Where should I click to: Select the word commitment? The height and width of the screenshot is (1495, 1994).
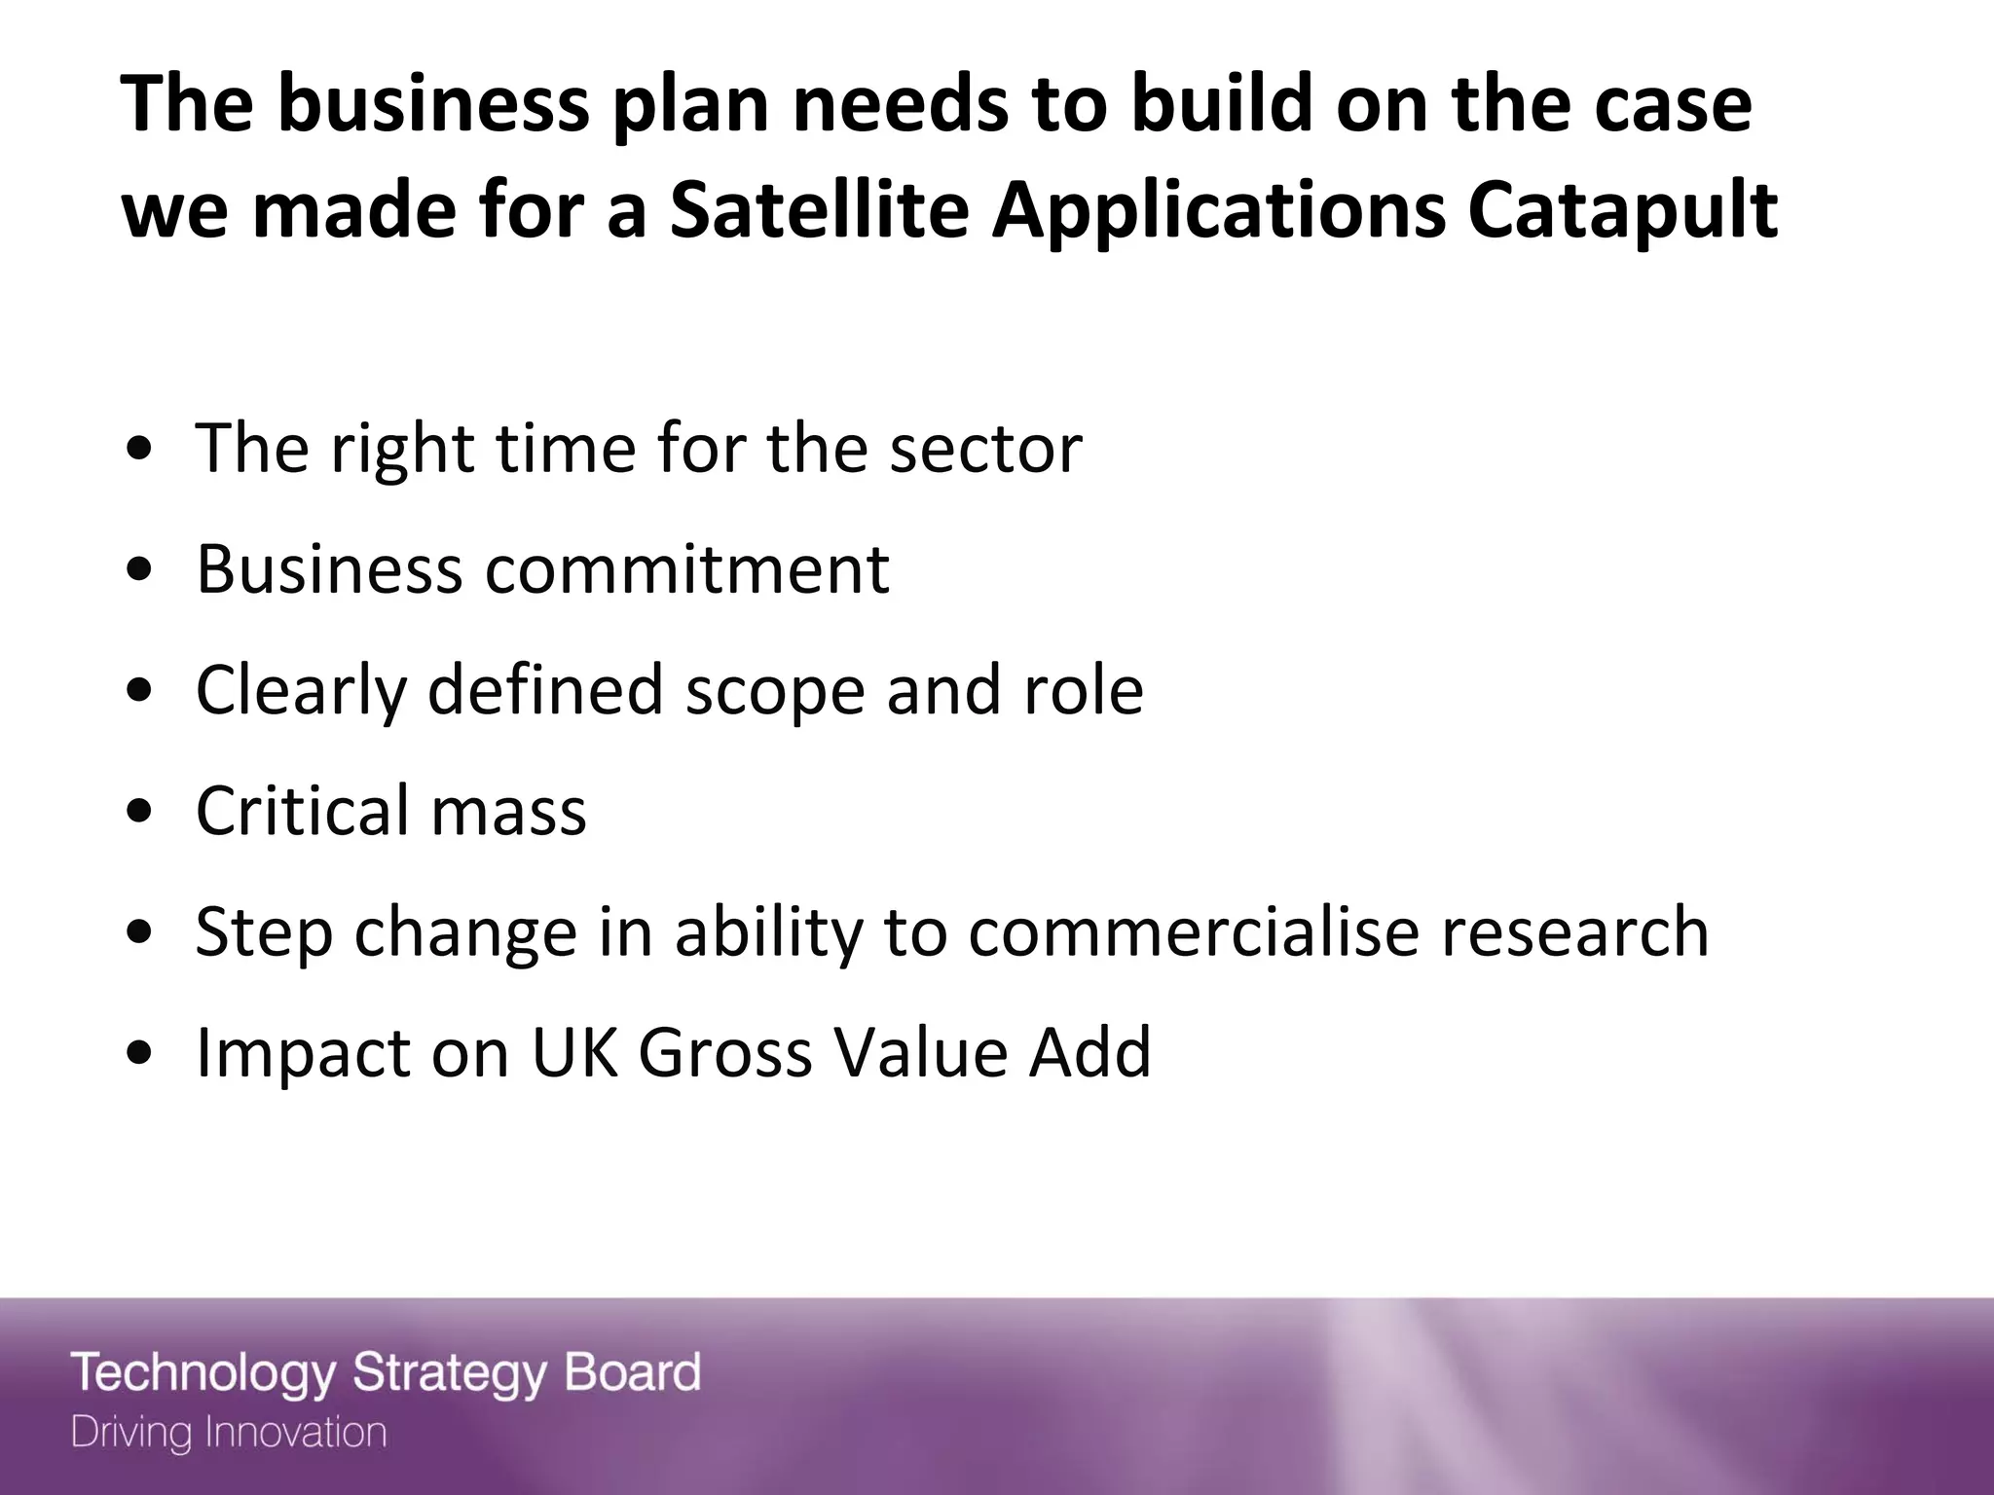(x=687, y=568)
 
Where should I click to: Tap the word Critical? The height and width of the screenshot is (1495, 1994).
(x=302, y=810)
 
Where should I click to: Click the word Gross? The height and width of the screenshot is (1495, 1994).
(x=725, y=1052)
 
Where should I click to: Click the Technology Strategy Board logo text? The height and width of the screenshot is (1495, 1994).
(x=386, y=1374)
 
